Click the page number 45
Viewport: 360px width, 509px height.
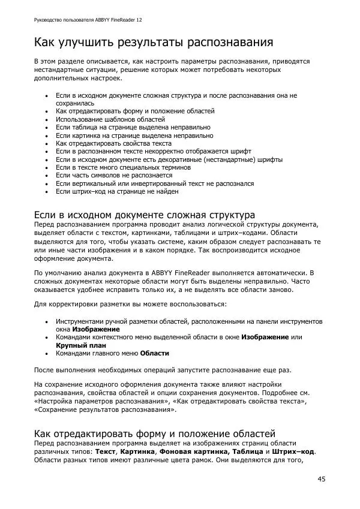pos(322,479)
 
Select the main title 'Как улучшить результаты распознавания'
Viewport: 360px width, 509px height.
pos(154,43)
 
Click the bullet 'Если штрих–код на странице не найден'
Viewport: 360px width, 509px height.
pos(117,192)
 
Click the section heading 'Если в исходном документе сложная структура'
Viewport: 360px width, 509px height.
pos(144,215)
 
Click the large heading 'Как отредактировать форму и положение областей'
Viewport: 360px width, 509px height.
pos(154,433)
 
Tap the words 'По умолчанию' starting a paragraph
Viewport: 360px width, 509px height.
pos(55,273)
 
